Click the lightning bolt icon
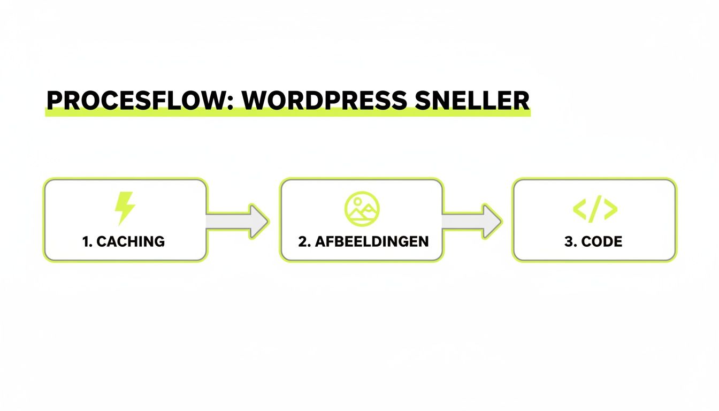click(x=125, y=208)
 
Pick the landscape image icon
click(x=362, y=208)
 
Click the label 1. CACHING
click(x=124, y=241)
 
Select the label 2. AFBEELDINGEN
click(x=363, y=241)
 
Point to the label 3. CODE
click(x=593, y=241)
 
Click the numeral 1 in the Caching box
click(x=86, y=241)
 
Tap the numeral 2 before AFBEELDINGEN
click(x=303, y=241)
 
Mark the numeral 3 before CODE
click(x=568, y=241)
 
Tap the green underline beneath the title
click(x=287, y=113)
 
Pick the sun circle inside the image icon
click(x=355, y=202)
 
